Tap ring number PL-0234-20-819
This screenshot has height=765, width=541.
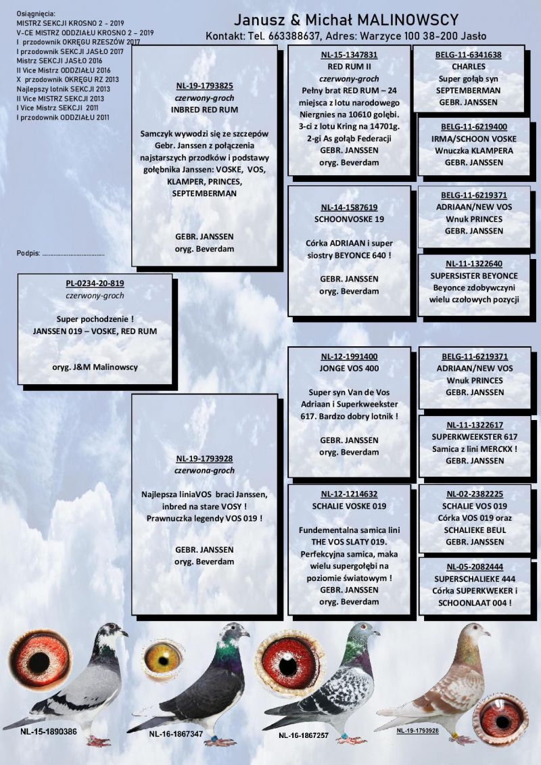(95, 283)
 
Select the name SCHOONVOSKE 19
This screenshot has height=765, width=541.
(349, 220)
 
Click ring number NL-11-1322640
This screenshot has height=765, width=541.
(474, 264)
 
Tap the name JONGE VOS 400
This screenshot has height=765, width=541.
(349, 369)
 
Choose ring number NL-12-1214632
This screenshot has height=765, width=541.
(349, 494)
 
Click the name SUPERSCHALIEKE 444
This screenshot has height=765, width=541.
(474, 579)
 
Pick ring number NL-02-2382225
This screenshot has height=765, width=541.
(474, 494)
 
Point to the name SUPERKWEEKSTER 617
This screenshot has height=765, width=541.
(474, 437)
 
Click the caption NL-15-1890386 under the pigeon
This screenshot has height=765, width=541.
(48, 731)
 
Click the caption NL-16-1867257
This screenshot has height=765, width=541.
(306, 734)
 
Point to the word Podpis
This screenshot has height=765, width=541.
(28, 253)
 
